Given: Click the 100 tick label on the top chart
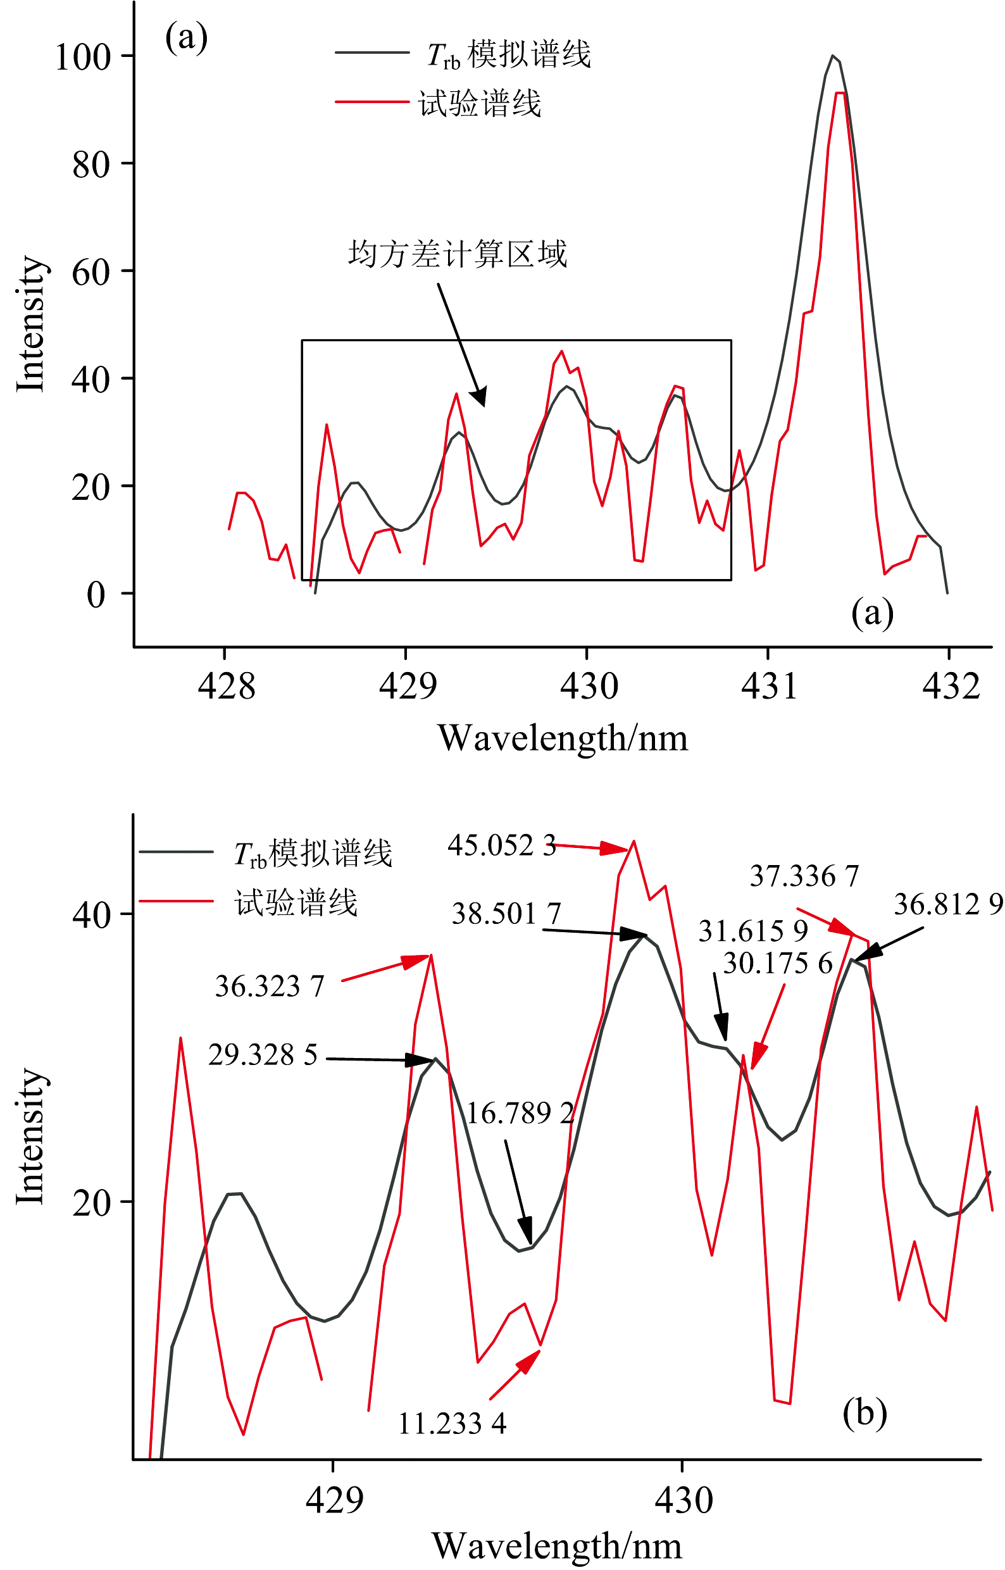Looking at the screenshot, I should [83, 58].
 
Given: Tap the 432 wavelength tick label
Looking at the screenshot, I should [951, 687].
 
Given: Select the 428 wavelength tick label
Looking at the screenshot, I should [227, 687].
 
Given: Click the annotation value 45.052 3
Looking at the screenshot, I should [501, 845].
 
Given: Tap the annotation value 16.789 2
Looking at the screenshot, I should [520, 1113].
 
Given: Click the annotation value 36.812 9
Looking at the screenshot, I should [947, 904].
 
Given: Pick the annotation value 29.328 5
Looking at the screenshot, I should [263, 1055].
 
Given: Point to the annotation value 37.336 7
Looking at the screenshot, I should [804, 876].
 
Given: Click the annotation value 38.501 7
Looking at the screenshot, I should [506, 914].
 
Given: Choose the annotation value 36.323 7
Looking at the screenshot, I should [270, 986].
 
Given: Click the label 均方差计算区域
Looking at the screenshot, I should [457, 254].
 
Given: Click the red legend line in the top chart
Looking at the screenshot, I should [371, 102].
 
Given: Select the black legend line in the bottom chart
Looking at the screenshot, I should [176, 852].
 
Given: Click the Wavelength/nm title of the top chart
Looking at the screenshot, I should [563, 738].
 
